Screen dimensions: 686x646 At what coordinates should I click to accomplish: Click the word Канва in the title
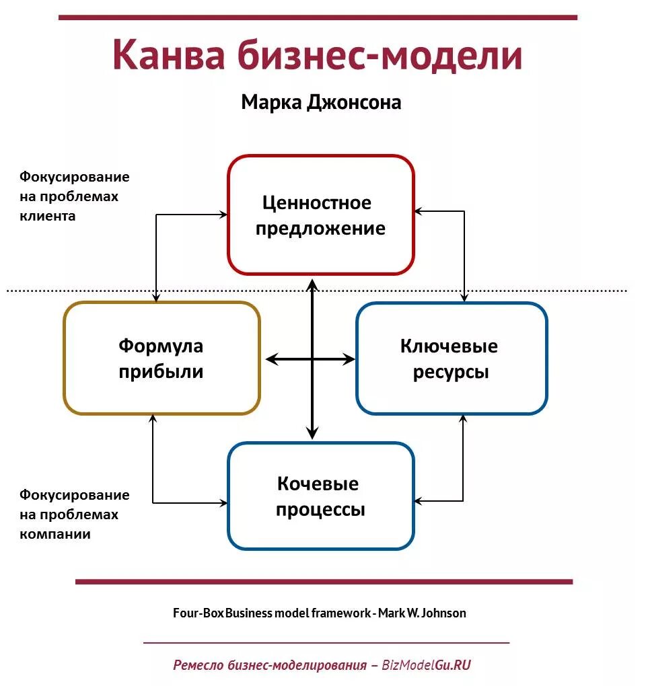pos(168,55)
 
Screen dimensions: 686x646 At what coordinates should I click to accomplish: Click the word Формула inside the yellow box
pos(161,346)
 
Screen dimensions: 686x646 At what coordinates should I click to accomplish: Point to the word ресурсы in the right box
pos(450,372)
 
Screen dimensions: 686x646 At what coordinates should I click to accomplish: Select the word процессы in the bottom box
pos(320,509)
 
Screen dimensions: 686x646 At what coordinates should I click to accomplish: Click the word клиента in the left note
pos(48,217)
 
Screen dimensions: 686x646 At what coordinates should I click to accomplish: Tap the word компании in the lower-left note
pos(55,535)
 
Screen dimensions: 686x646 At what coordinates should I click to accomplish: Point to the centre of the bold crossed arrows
pos(312,360)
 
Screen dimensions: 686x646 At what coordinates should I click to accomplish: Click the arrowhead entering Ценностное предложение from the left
pos(223,215)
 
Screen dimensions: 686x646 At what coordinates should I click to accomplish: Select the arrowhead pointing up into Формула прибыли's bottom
pos(153,418)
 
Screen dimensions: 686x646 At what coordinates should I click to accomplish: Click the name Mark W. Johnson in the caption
pos(422,613)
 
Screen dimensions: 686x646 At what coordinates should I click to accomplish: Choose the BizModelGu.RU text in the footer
pos(426,665)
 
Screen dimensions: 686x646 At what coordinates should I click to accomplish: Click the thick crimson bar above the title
pos(318,17)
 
